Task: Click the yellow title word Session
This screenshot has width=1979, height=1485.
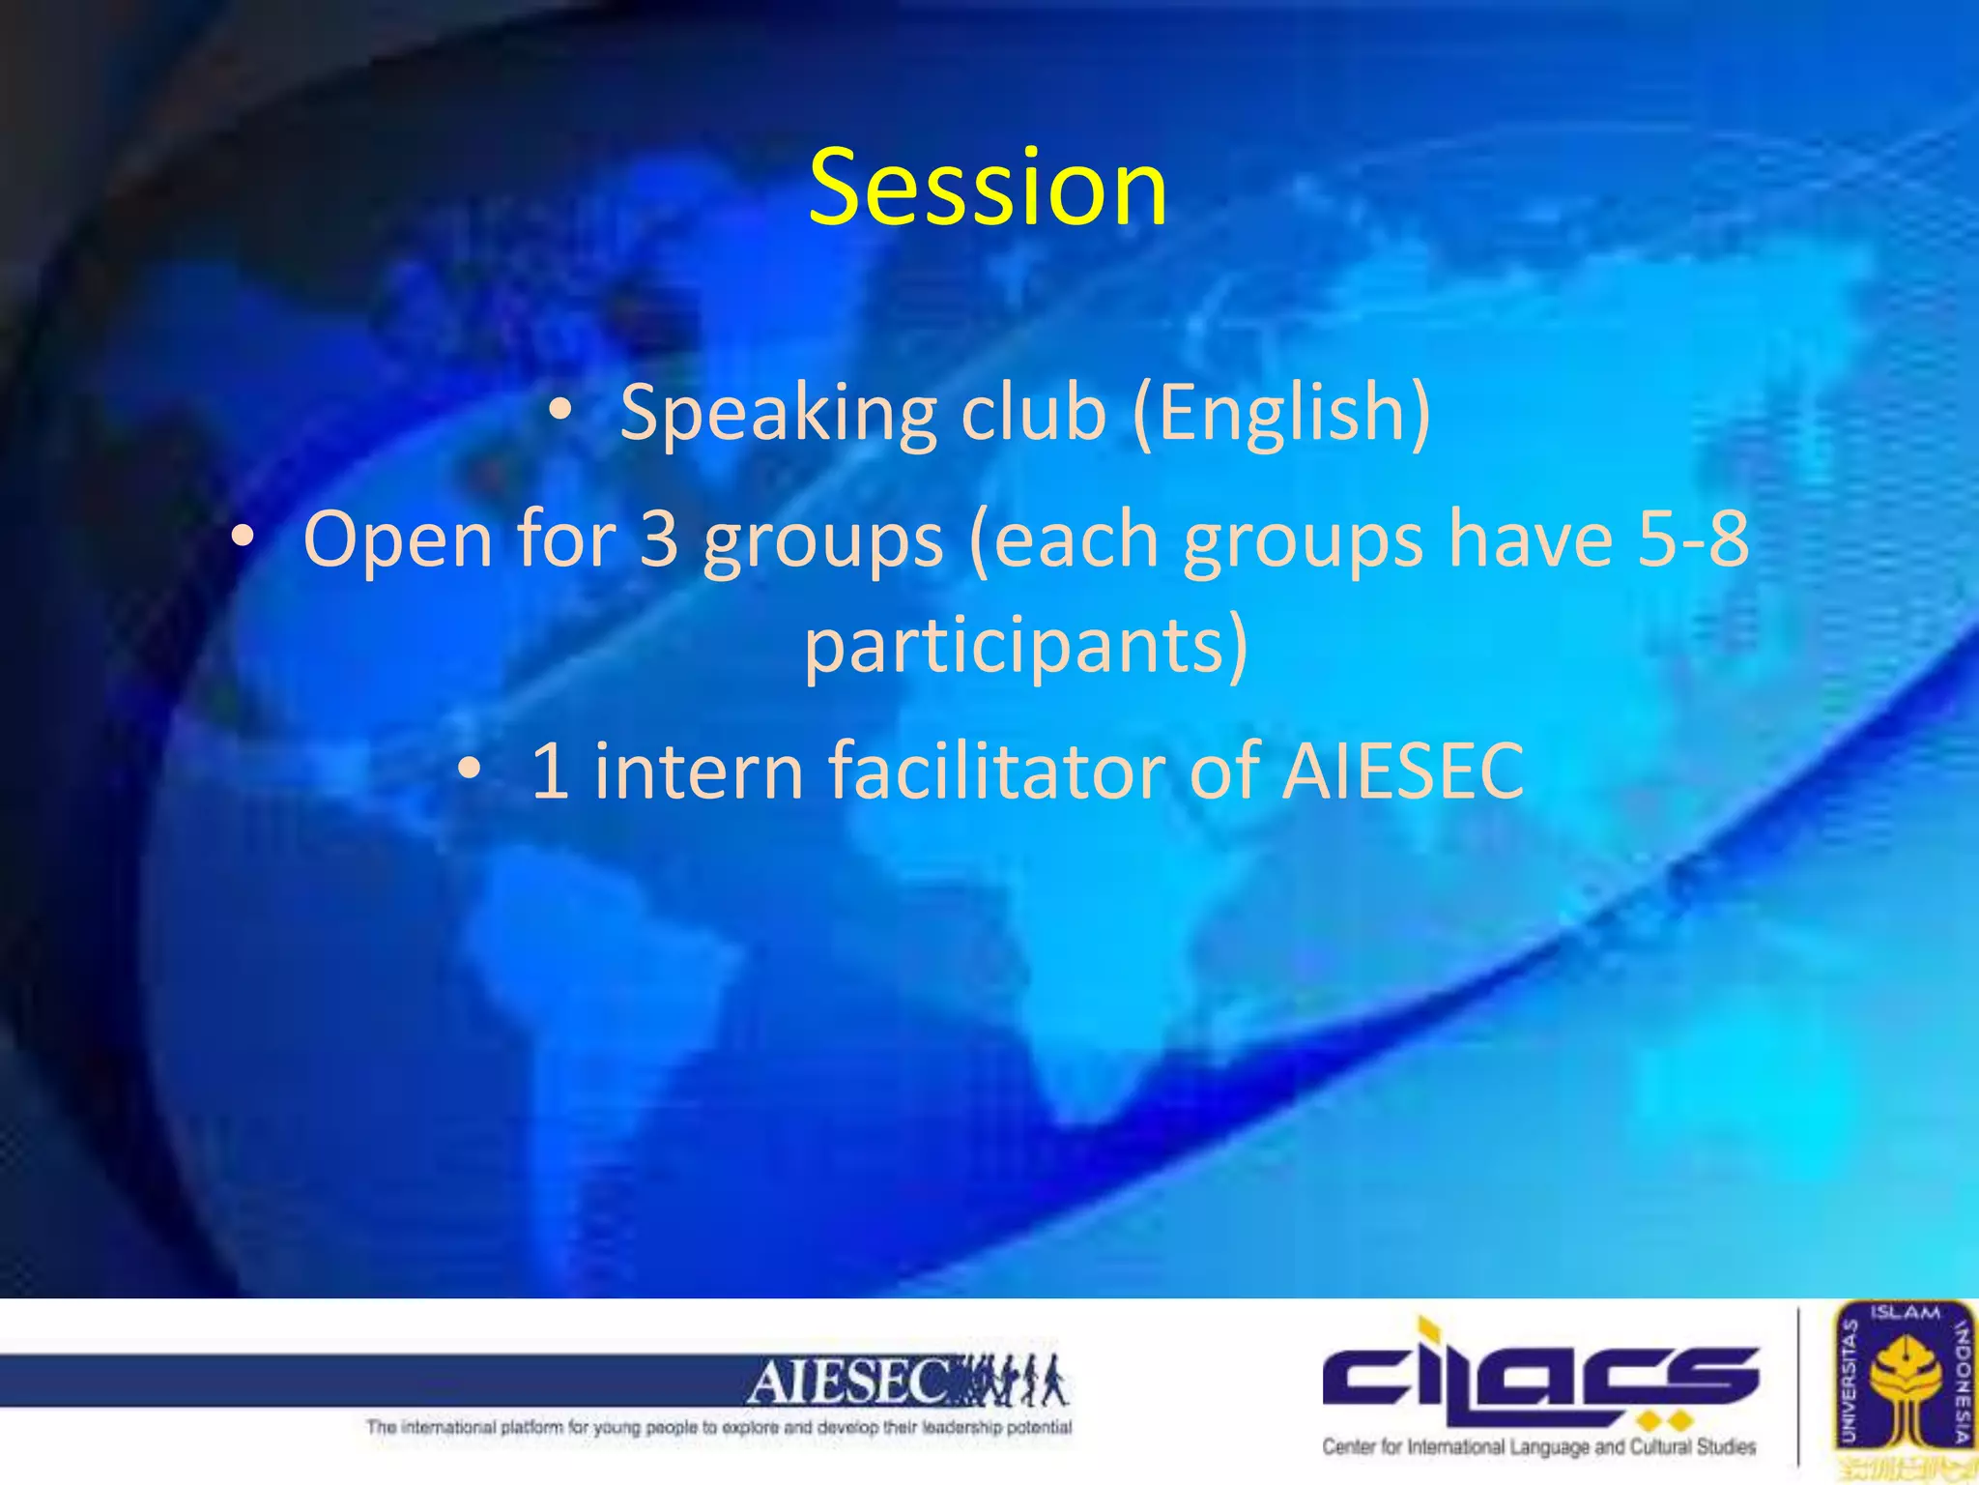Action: [x=988, y=188]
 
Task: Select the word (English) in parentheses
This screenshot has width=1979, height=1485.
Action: [x=1281, y=414]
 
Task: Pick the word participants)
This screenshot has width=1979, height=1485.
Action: [x=1026, y=646]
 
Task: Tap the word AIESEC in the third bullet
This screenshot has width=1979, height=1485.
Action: [x=1402, y=771]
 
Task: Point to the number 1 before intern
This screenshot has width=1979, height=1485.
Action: [x=550, y=771]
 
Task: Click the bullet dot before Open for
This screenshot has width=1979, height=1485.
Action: [x=243, y=537]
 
